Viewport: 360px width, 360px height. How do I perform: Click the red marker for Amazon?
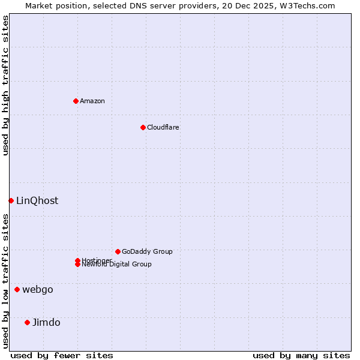pos(76,101)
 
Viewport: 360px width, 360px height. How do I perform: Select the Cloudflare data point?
pos(143,127)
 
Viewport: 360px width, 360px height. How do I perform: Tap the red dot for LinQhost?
pos(11,200)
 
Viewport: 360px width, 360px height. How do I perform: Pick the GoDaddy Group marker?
pos(118,251)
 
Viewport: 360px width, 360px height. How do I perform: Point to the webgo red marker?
pos(17,289)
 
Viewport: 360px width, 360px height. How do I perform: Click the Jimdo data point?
pos(27,322)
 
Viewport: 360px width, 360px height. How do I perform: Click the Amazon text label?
pos(92,101)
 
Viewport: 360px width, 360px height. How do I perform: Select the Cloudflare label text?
pos(163,127)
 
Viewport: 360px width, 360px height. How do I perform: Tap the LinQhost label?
pos(37,200)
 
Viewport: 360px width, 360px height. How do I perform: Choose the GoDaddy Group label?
pos(147,251)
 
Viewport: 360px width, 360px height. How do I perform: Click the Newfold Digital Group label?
pos(116,264)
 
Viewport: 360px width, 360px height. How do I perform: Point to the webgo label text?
pos(38,289)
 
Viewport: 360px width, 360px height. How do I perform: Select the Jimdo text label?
pos(46,322)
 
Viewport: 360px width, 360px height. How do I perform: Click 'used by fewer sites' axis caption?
pos(62,355)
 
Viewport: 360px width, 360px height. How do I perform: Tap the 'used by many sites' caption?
pos(301,355)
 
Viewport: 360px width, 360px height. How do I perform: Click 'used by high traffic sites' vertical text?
pos(5,85)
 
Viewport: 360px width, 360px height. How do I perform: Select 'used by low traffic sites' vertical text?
pos(5,280)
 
